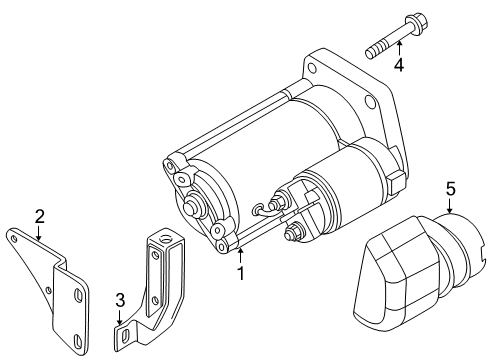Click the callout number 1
pos(241,273)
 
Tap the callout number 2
pos(40,217)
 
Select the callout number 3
pos(120,300)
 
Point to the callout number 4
pos(399,64)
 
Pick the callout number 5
pos(450,189)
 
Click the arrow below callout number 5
pos(450,206)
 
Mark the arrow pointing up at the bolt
pos(399,48)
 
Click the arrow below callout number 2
pos(39,233)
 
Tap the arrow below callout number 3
pos(119,318)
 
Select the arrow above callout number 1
pos(240,257)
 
